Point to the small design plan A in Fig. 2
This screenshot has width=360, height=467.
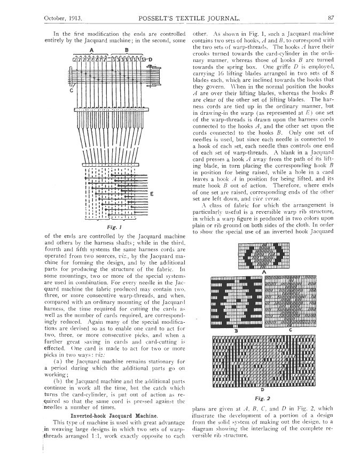click(x=262, y=254)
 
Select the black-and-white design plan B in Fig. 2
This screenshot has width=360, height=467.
click(x=235, y=302)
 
